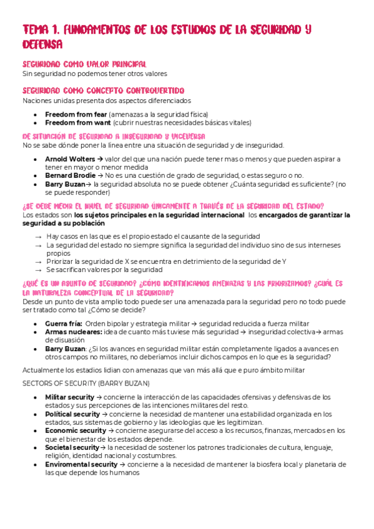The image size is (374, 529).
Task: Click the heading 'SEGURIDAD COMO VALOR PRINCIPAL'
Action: [84, 64]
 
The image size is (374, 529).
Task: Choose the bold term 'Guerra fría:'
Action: [63, 323]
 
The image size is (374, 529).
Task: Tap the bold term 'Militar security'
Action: [71, 397]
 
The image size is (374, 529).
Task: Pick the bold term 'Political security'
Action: [72, 414]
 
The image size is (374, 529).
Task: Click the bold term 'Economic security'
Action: [76, 430]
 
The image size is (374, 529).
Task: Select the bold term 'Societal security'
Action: [72, 447]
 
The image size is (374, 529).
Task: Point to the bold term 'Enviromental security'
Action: [81, 464]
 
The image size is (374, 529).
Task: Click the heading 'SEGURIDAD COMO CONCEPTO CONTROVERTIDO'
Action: [103, 90]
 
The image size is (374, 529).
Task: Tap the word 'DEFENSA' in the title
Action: [42, 44]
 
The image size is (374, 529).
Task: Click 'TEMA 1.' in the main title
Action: [44, 29]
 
